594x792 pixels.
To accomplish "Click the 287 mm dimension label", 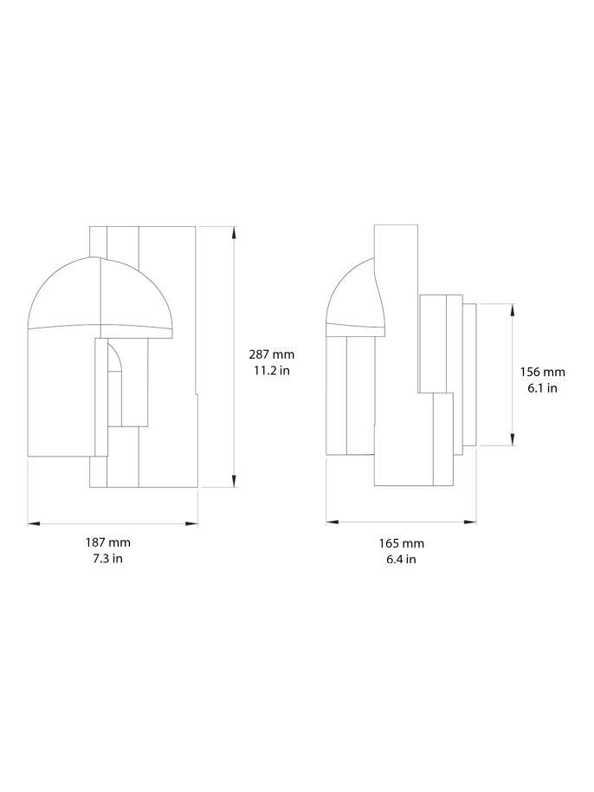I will (272, 354).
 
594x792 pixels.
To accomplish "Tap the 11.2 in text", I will (272, 370).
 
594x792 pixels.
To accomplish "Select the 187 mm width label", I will (107, 542).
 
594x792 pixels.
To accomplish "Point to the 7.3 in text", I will (107, 559).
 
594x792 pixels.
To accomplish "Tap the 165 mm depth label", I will (401, 543).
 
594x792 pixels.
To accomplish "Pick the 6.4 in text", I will (401, 560).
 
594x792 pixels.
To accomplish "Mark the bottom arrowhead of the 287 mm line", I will (234, 483).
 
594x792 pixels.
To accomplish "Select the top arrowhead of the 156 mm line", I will (513, 308).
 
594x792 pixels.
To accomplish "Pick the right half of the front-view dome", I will (137, 295).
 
